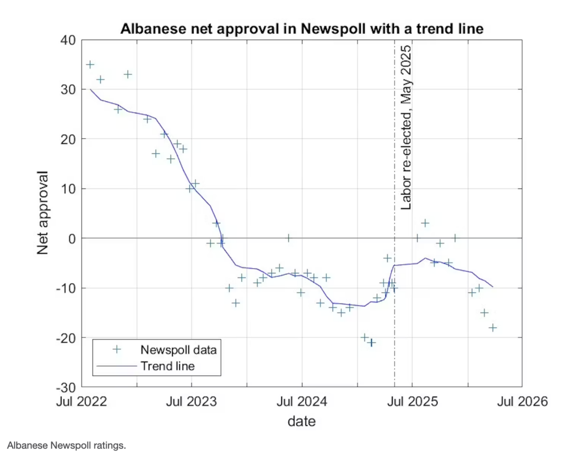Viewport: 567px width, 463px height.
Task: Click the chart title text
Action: point(302,30)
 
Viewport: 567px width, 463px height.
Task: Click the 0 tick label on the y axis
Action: point(73,238)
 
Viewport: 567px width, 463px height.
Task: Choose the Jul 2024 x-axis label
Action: point(302,402)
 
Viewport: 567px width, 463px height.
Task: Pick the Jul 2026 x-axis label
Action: point(523,402)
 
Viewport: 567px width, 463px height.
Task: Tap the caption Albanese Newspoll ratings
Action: point(66,445)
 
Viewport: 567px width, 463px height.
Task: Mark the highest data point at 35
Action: point(90,65)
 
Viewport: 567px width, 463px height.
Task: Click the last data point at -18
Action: point(492,327)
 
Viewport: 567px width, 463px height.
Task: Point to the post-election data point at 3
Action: point(425,223)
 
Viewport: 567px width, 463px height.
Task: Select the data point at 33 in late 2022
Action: point(128,75)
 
